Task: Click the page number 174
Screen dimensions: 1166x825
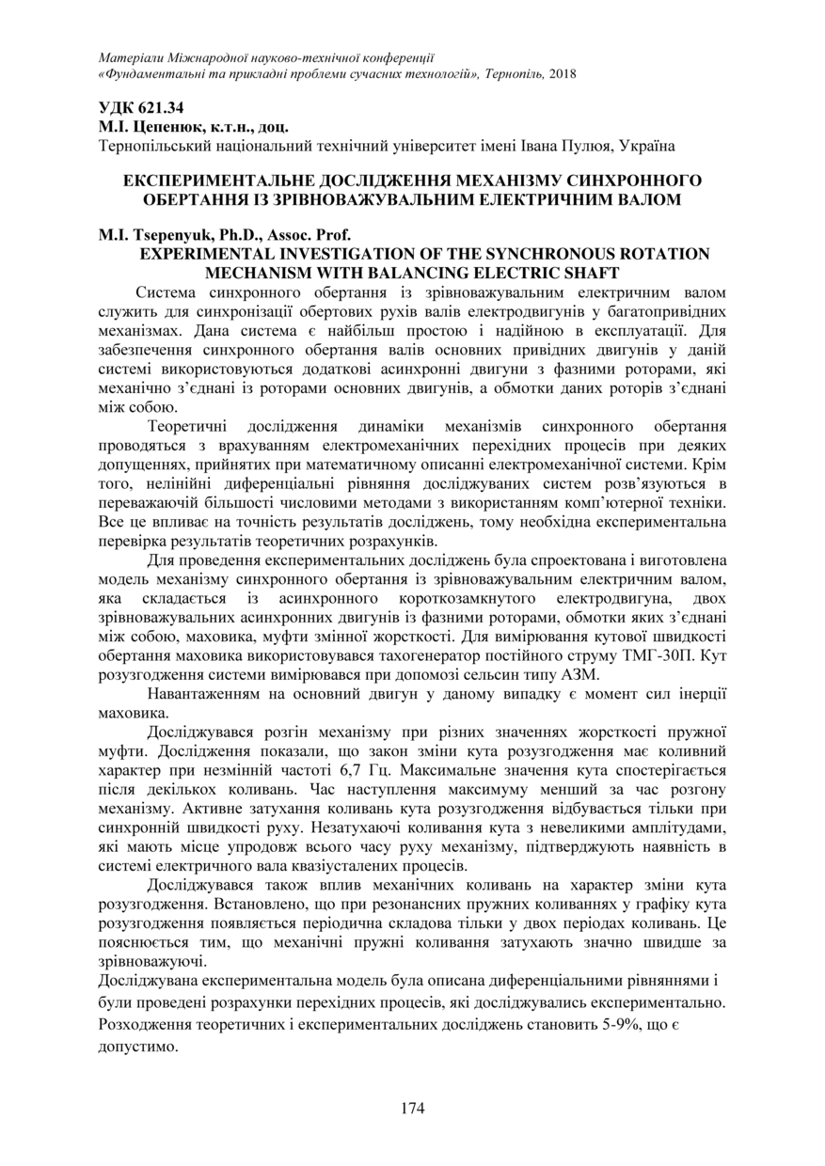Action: pos(412,1108)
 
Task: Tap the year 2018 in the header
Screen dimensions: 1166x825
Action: pos(562,73)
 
